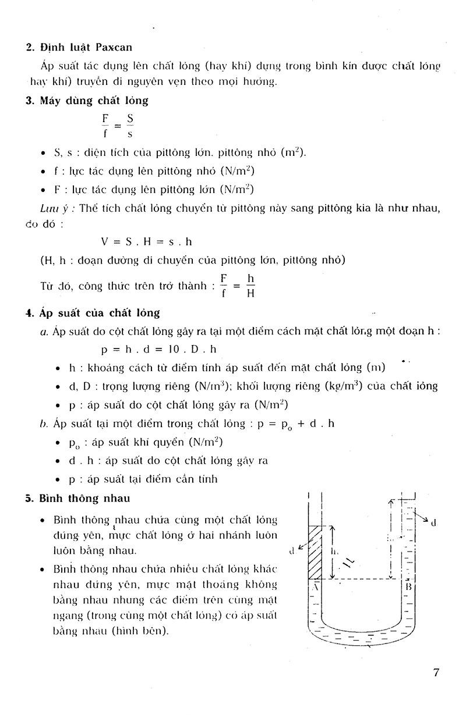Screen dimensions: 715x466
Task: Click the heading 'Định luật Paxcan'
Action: (x=87, y=48)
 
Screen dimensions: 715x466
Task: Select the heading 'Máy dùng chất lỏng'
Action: (x=94, y=101)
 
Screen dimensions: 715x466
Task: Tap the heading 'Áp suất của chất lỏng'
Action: (x=100, y=313)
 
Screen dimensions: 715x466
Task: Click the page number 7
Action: (x=436, y=673)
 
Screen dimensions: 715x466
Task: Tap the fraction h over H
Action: (x=250, y=286)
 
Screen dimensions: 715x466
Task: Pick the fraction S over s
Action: (x=129, y=126)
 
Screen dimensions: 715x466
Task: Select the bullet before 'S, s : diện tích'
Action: (x=44, y=154)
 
